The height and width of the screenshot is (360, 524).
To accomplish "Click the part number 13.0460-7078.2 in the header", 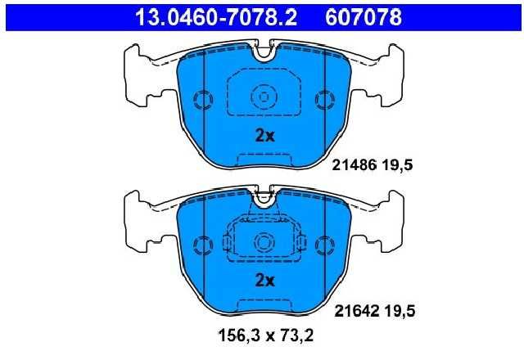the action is (216, 17).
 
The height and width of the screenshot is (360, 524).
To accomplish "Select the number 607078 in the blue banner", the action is (364, 17).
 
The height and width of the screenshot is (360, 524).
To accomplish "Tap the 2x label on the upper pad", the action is (264, 136).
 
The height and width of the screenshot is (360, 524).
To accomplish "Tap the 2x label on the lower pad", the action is (264, 281).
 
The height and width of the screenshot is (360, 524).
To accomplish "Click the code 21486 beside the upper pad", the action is (355, 165).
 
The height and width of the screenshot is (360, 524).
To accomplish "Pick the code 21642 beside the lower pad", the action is (357, 311).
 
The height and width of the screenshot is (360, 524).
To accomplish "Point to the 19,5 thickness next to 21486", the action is (398, 165).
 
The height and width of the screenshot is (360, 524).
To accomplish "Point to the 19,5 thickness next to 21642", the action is (400, 312).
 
